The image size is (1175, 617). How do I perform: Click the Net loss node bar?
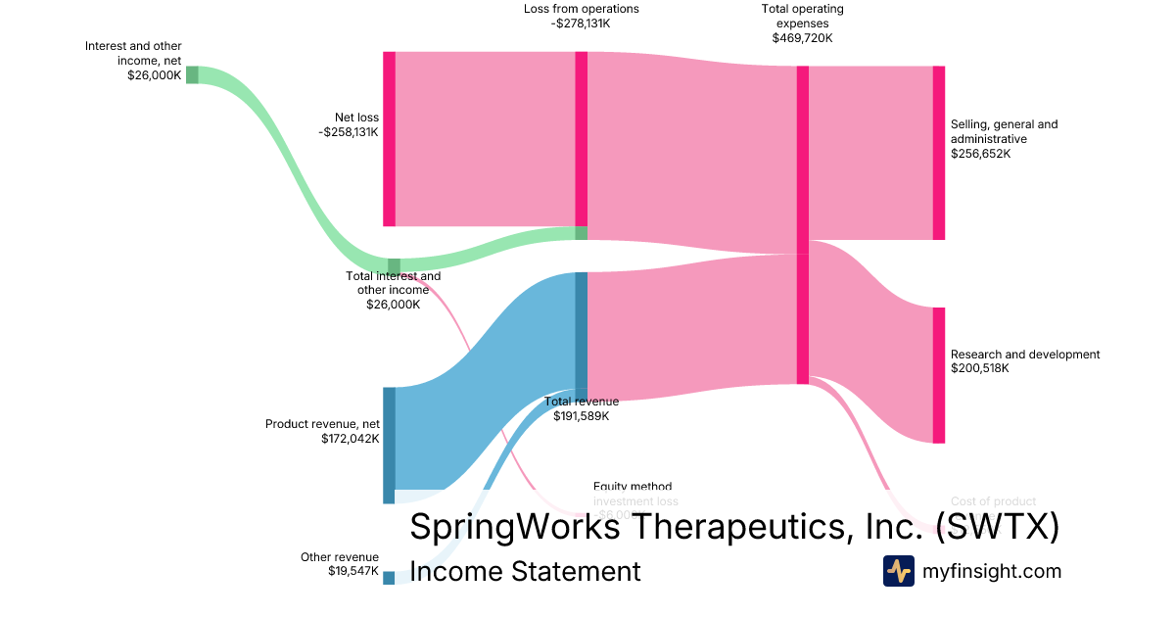389,138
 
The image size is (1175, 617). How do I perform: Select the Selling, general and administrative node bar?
938,153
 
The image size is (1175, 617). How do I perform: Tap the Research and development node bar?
938,375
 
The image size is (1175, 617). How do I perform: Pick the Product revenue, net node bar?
389,445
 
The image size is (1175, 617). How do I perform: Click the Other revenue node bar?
389,578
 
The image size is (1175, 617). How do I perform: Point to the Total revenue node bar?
581,335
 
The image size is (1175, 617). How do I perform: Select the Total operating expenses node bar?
802,224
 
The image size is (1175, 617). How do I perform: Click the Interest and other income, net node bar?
192,75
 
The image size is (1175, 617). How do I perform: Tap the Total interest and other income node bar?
394,266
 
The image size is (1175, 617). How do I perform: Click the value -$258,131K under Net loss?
349,132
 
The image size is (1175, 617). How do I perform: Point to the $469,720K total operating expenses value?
802,38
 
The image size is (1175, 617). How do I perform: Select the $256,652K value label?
980,154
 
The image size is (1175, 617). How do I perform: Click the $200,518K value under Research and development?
980,369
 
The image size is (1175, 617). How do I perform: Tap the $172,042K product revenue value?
350,439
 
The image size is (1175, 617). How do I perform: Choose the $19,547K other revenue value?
352,571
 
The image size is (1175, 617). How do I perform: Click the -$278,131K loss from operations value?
581,24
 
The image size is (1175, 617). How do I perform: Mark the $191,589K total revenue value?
581,416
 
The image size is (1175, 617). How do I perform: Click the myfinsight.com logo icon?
898,571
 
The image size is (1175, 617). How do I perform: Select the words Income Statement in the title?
525,571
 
